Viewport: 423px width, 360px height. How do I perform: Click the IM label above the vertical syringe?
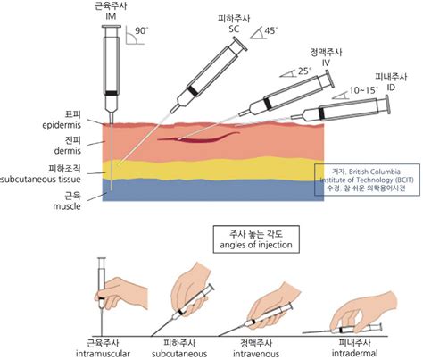(x=111, y=15)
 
